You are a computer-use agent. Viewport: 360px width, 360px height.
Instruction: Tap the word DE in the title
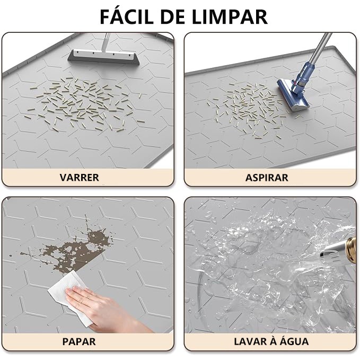173,16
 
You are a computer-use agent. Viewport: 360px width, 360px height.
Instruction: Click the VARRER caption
79,178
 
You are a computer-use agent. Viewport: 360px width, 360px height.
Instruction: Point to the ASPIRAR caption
267,178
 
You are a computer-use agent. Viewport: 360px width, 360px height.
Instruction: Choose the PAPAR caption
79,341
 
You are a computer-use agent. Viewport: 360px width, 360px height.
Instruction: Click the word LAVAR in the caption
250,341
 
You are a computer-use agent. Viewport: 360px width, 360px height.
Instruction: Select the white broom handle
105,42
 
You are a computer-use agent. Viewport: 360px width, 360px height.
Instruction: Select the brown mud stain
71,248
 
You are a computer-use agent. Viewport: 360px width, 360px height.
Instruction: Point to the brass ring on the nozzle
351,250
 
